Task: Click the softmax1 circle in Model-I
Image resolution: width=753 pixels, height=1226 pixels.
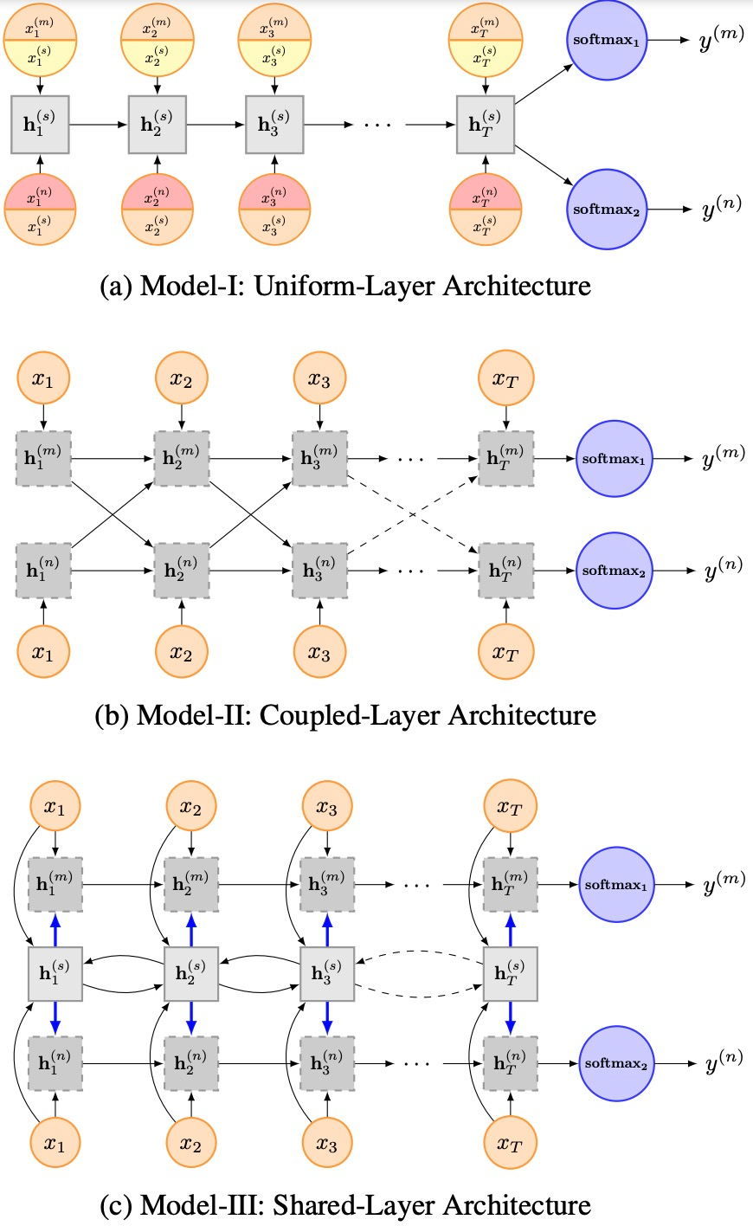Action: tap(607, 40)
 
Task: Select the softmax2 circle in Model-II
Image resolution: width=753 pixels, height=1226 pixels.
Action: tap(614, 571)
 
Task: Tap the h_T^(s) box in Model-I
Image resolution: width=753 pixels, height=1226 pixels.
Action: tap(486, 124)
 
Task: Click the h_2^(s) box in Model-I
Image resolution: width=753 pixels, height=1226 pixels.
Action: tap(158, 124)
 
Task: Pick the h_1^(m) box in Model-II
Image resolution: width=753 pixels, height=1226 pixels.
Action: tap(44, 459)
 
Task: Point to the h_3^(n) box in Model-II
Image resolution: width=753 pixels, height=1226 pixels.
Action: tap(319, 571)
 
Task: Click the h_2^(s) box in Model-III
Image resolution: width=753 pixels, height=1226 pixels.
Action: tap(191, 974)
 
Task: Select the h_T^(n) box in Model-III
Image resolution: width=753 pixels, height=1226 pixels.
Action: tap(511, 1063)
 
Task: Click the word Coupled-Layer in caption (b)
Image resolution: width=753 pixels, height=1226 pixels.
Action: tap(350, 715)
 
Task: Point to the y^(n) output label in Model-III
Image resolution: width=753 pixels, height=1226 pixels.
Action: tap(724, 1061)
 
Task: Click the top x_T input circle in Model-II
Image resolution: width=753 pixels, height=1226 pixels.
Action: tap(505, 378)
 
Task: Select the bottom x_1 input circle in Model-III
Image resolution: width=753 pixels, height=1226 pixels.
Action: tap(55, 1142)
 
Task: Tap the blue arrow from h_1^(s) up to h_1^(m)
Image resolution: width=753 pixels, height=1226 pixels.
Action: tap(55, 929)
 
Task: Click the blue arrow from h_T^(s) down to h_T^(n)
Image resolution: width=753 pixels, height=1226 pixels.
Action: tap(511, 1018)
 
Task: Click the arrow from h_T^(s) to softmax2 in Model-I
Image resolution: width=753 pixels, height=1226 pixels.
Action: tap(544, 165)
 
